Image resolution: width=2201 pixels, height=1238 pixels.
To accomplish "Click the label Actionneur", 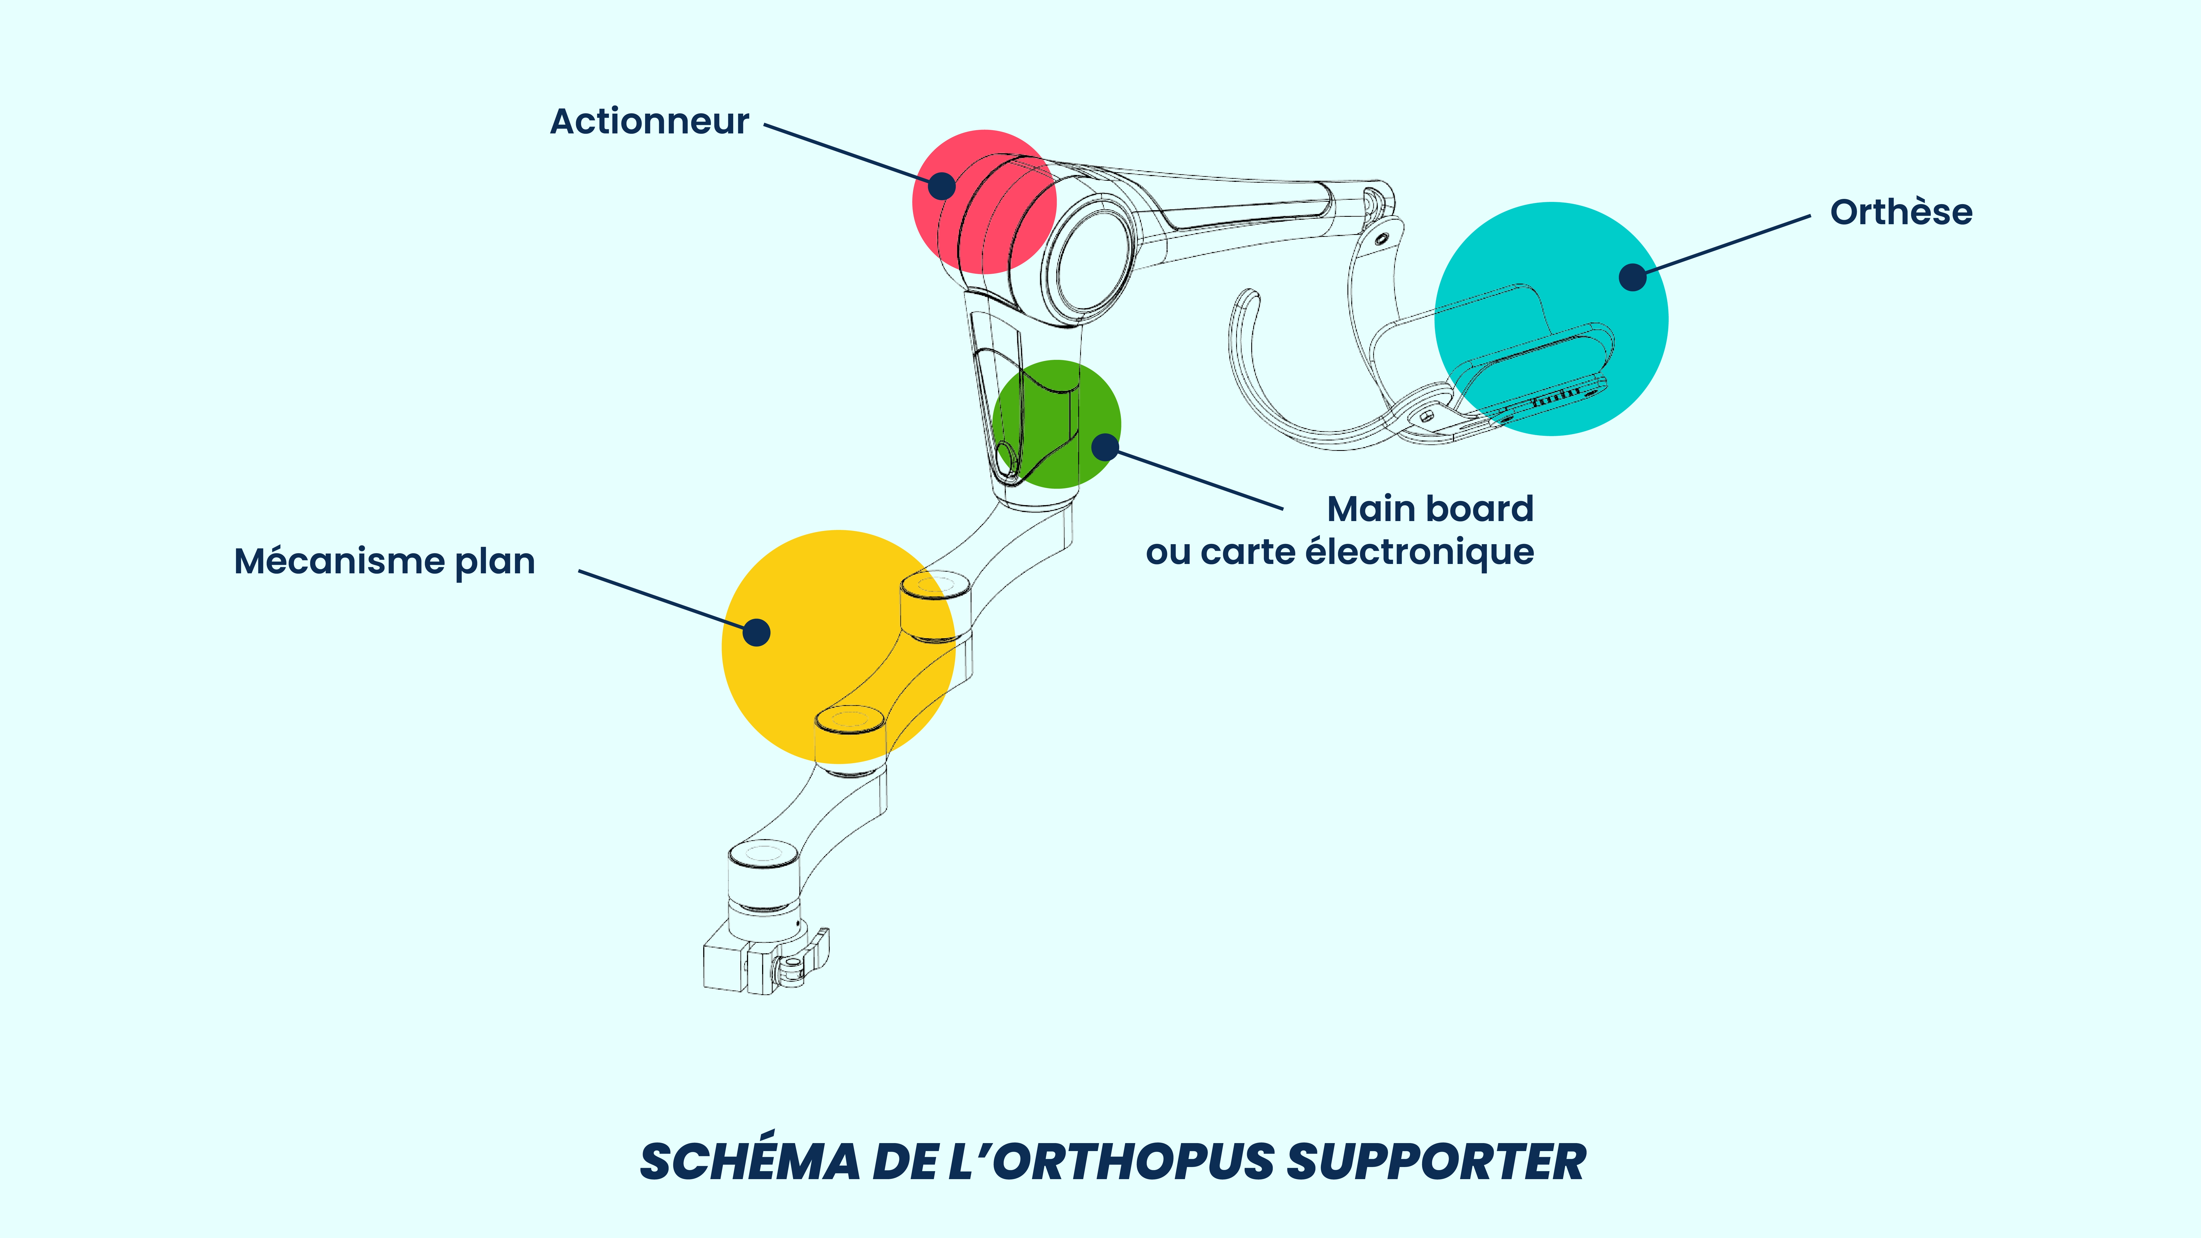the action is [x=649, y=121].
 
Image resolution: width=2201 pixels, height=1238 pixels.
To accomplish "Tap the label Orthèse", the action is [x=1901, y=212].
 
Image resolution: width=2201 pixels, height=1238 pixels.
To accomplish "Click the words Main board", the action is [x=1430, y=509].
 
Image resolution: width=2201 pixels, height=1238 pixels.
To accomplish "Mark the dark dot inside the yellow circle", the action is [x=756, y=632].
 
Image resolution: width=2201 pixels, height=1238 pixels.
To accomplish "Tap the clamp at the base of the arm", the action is [x=765, y=961].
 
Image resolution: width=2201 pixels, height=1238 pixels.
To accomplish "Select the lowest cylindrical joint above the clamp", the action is [x=763, y=889].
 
